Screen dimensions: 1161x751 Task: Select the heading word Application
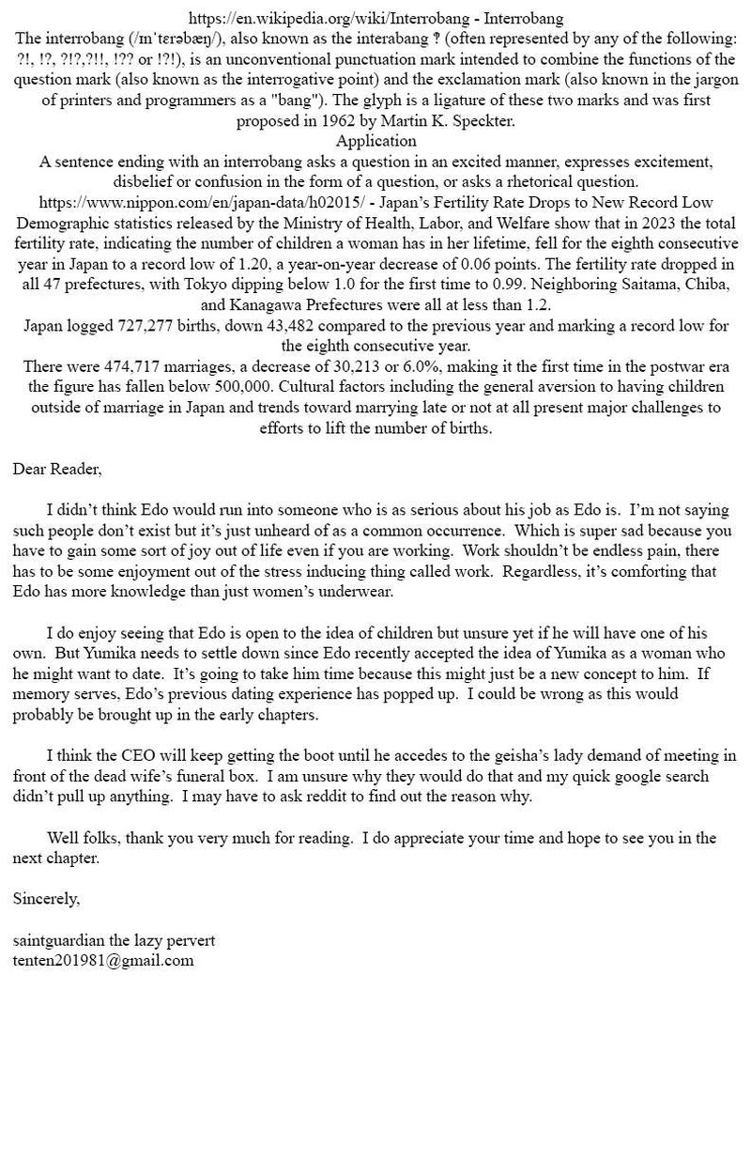coord(375,141)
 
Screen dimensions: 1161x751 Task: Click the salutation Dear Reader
coord(57,469)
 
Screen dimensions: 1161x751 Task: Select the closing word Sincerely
coord(46,898)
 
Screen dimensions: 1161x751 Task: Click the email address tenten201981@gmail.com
coord(103,960)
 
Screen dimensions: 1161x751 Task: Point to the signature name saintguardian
coord(59,939)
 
